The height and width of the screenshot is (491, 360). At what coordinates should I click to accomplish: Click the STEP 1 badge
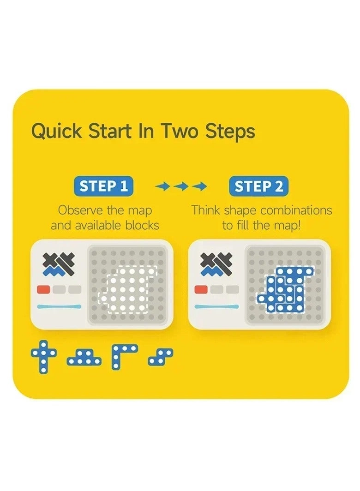click(x=104, y=186)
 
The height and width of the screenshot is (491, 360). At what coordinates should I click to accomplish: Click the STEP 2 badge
click(x=258, y=186)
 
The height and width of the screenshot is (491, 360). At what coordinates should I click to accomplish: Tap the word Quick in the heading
click(x=56, y=132)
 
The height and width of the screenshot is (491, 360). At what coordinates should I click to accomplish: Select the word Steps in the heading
click(x=230, y=132)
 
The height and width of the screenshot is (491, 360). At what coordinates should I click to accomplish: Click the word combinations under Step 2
click(x=296, y=210)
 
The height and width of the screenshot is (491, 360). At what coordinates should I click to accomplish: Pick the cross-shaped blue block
click(x=44, y=357)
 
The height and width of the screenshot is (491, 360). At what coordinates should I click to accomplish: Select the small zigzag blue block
click(x=161, y=357)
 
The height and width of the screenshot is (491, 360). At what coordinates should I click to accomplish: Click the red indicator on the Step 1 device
click(x=43, y=289)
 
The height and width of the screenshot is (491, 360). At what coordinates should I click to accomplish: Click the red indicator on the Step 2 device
click(x=201, y=289)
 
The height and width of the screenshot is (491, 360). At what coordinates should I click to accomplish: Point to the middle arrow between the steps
click(x=181, y=187)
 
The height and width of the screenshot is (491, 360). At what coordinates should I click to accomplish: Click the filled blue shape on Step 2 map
click(x=285, y=290)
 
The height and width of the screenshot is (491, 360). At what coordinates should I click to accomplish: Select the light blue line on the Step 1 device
click(x=59, y=306)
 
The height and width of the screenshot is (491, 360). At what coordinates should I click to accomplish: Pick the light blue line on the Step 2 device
click(x=217, y=306)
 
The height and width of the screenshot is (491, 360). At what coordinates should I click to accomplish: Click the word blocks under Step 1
click(x=142, y=225)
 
